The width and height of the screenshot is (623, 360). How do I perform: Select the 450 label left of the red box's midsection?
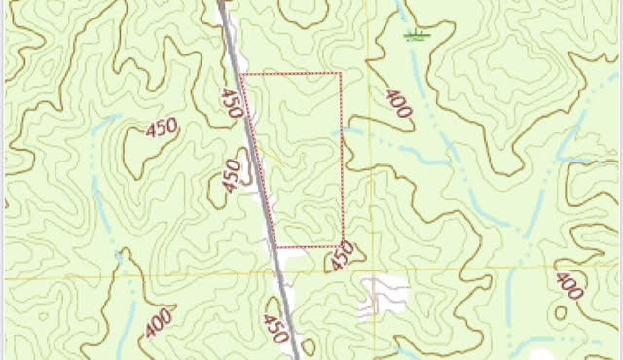[231, 175]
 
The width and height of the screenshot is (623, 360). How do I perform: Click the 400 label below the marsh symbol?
[398, 103]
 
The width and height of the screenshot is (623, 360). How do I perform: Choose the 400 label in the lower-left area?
[158, 322]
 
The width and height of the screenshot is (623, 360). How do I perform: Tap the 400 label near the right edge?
[569, 287]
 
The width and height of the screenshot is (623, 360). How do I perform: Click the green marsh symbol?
[417, 36]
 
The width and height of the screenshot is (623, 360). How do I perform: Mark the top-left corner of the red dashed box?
[241, 74]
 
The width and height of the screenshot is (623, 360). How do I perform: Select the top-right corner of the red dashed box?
[340, 73]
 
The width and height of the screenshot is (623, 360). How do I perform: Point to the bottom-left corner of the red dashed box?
[276, 247]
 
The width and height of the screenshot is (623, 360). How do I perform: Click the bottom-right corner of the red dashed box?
[343, 245]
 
